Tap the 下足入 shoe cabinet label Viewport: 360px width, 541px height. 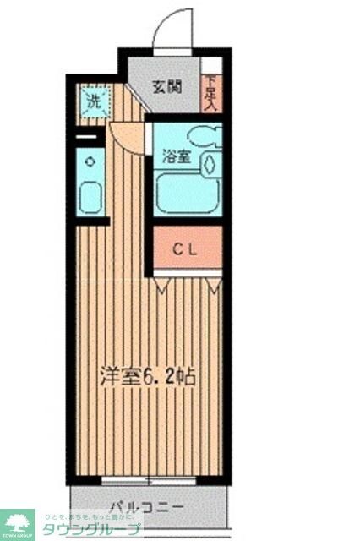(x=210, y=91)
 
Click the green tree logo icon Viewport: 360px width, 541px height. (x=17, y=522)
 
